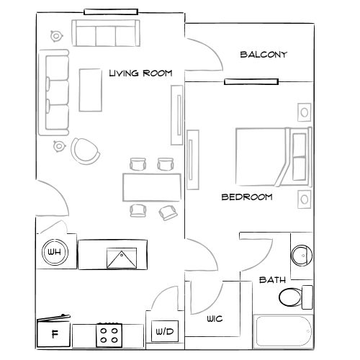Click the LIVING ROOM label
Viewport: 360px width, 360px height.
click(x=144, y=73)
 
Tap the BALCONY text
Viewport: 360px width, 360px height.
click(x=264, y=54)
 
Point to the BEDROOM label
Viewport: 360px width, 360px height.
click(x=246, y=197)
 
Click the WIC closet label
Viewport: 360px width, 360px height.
click(x=214, y=318)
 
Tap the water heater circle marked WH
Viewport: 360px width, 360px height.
click(x=53, y=252)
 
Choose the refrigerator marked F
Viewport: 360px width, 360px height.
click(x=55, y=333)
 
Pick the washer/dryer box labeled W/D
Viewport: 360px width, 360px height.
click(x=164, y=332)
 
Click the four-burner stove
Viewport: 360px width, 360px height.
click(x=109, y=333)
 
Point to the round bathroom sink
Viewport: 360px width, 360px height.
click(x=302, y=254)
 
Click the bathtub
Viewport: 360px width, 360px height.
click(x=284, y=329)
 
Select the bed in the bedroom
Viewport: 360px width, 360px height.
click(x=272, y=155)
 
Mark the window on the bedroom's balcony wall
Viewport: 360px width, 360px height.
click(x=241, y=81)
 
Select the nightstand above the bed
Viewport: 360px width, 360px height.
click(x=304, y=112)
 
